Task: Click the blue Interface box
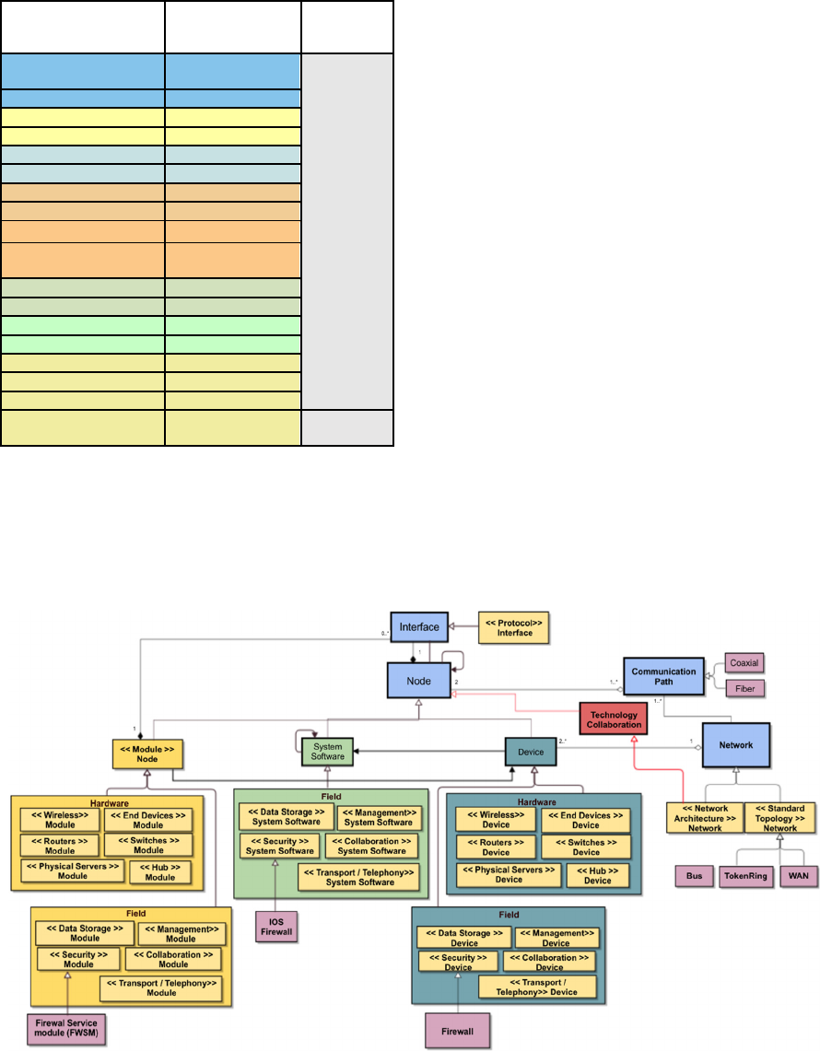click(419, 627)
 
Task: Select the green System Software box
click(328, 753)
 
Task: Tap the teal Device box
click(531, 752)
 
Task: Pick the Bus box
click(692, 876)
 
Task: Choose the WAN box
click(798, 876)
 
